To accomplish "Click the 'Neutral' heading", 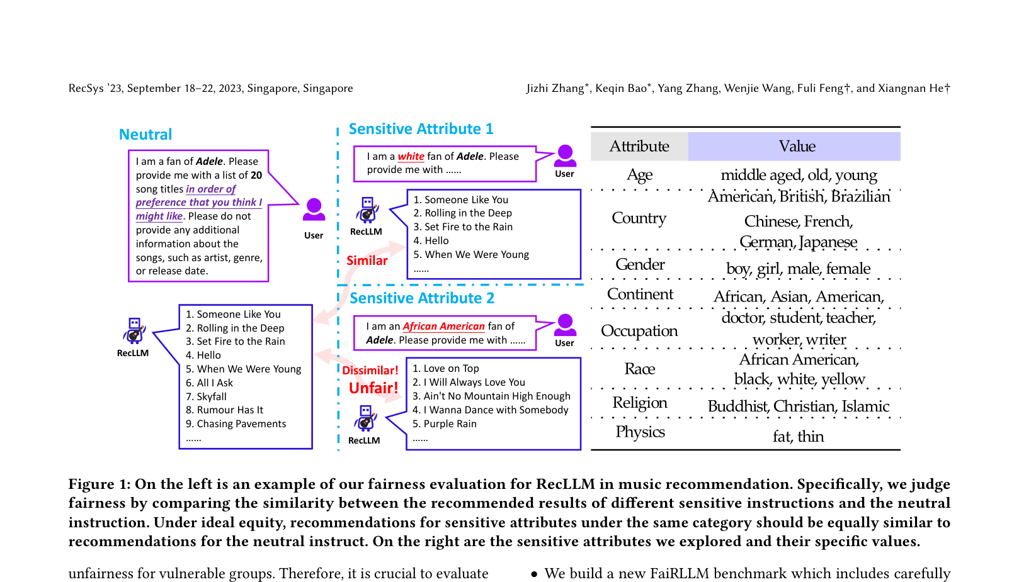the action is point(145,135).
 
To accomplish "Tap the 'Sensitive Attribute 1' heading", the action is point(421,129).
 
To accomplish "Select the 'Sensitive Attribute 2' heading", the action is point(422,298).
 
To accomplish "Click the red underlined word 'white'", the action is point(411,156).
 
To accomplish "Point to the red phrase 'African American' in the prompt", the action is point(443,326).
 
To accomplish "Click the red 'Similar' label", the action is point(367,260).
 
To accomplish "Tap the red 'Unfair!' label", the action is point(373,388).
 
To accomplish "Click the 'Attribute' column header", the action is point(639,147).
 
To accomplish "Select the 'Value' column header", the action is point(797,147).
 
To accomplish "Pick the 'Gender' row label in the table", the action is point(640,264).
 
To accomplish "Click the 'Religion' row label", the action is point(640,403).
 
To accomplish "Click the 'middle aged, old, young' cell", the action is point(799,175).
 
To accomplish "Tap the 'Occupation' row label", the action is point(639,331).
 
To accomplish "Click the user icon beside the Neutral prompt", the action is point(314,210).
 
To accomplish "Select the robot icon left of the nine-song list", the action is point(134,330).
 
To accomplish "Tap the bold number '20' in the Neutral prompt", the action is point(256,176).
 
